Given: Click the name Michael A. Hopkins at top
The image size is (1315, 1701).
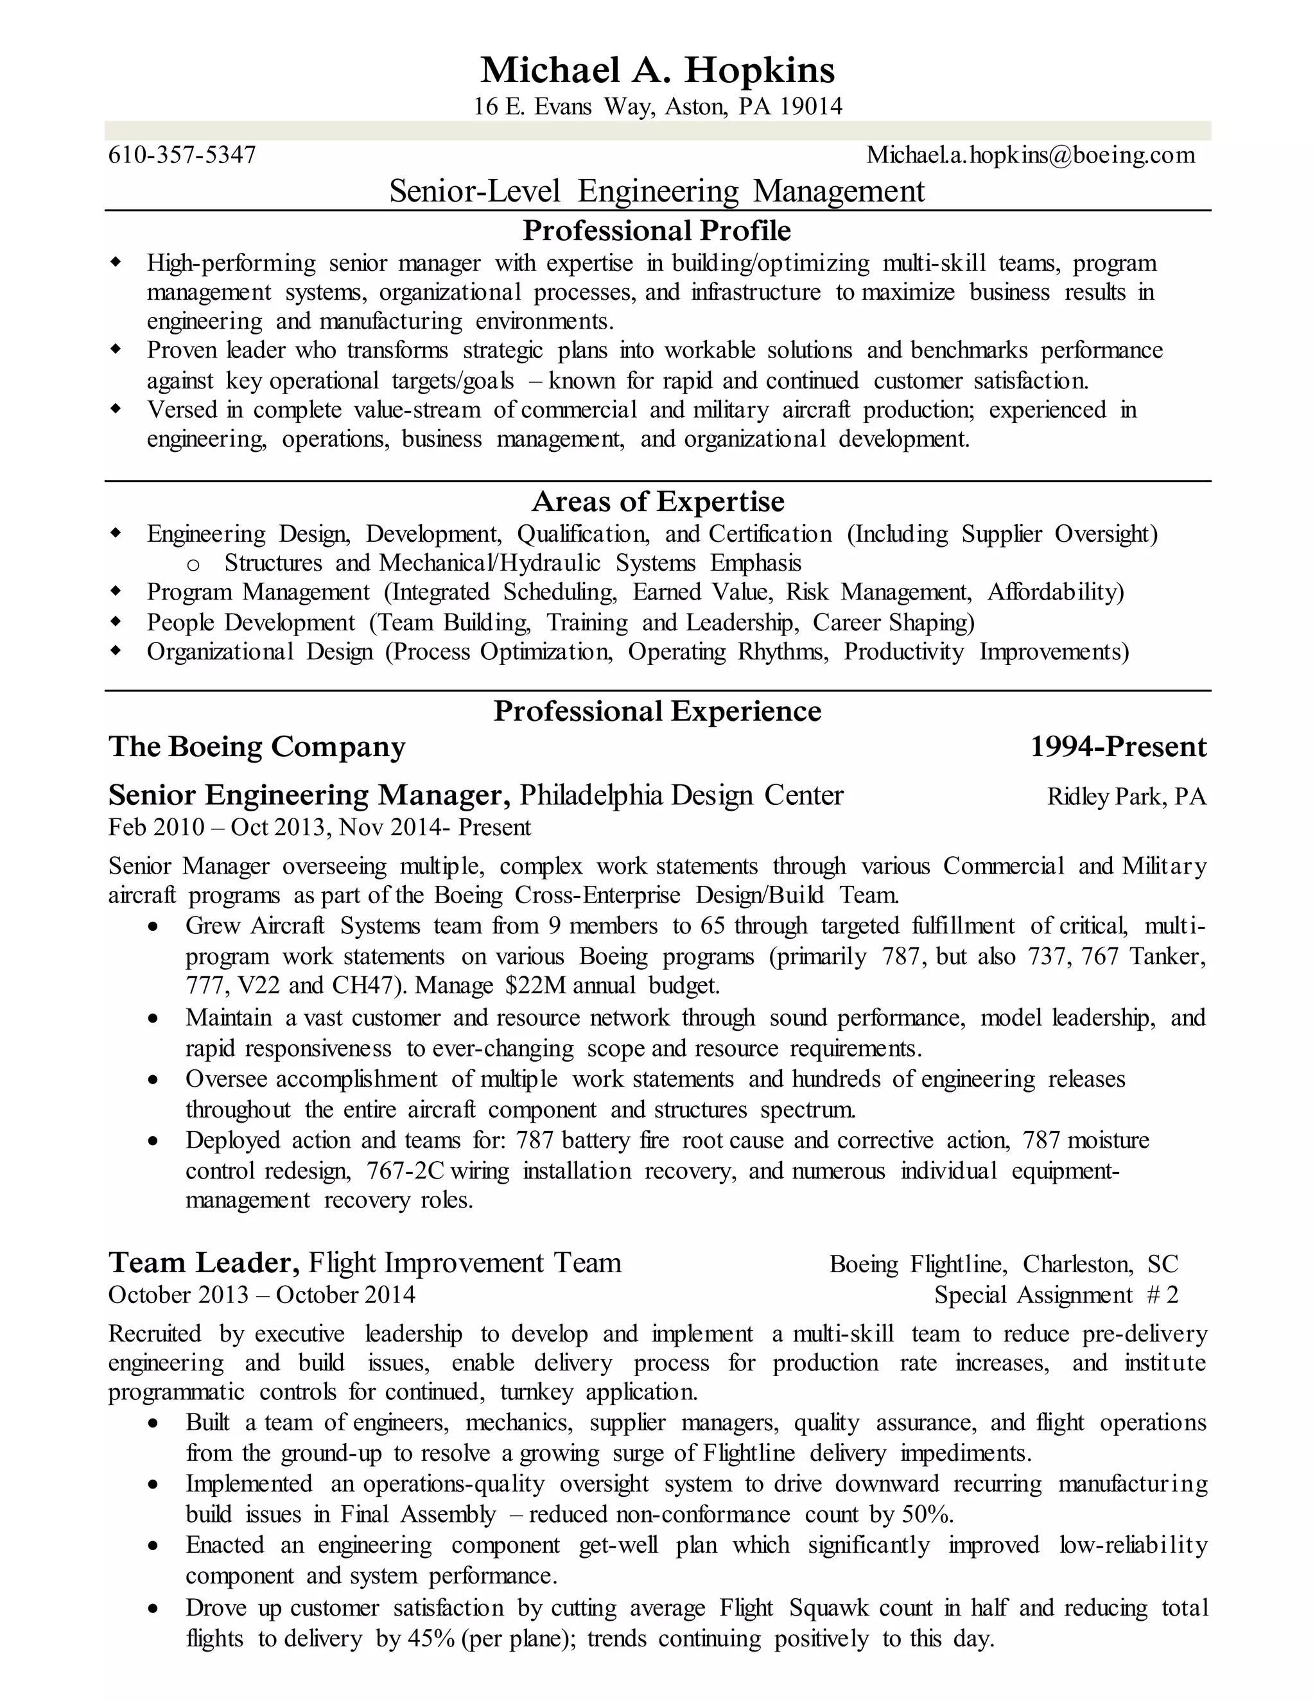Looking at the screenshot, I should pos(657,70).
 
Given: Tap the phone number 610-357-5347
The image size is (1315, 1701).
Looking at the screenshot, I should pos(182,155).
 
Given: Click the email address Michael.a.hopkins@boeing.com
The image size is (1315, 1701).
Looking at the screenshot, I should pos(1030,155).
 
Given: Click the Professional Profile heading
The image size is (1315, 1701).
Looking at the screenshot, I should pos(657,230).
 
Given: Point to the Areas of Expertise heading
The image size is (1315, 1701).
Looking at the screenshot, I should pos(657,501).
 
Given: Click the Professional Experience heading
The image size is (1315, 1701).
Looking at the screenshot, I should pos(657,711).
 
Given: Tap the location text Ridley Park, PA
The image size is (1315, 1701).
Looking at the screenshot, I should pos(1126,796).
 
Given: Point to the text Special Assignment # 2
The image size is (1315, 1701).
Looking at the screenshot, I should pos(1056,1295).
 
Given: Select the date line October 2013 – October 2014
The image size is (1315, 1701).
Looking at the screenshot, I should pos(262,1295).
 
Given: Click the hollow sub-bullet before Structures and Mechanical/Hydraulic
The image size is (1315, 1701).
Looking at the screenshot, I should pos(194,564).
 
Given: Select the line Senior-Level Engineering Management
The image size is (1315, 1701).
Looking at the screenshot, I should pos(657,191).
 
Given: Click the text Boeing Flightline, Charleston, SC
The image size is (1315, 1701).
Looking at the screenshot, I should pos(1004,1263).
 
